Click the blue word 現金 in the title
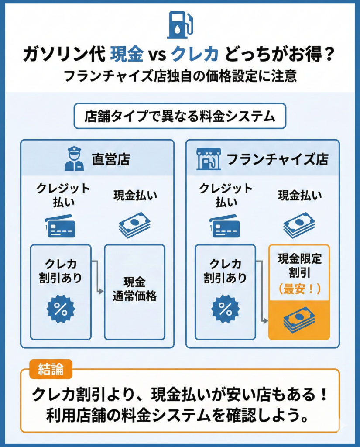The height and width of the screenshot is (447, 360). click(x=127, y=55)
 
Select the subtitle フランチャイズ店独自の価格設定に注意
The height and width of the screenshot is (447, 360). click(x=180, y=76)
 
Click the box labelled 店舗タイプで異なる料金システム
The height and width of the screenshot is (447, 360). click(x=180, y=116)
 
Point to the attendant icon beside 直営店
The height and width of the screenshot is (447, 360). click(x=74, y=158)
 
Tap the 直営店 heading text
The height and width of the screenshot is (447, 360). click(x=110, y=159)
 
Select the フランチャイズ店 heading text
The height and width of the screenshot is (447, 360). click(x=277, y=159)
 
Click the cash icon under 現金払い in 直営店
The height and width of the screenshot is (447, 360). click(x=134, y=224)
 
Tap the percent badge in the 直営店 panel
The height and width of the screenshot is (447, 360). click(x=61, y=309)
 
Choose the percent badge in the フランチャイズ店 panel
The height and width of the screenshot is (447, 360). click(x=225, y=309)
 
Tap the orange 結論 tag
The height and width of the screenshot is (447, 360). click(x=51, y=369)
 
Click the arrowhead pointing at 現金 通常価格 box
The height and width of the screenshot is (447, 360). click(x=101, y=290)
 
